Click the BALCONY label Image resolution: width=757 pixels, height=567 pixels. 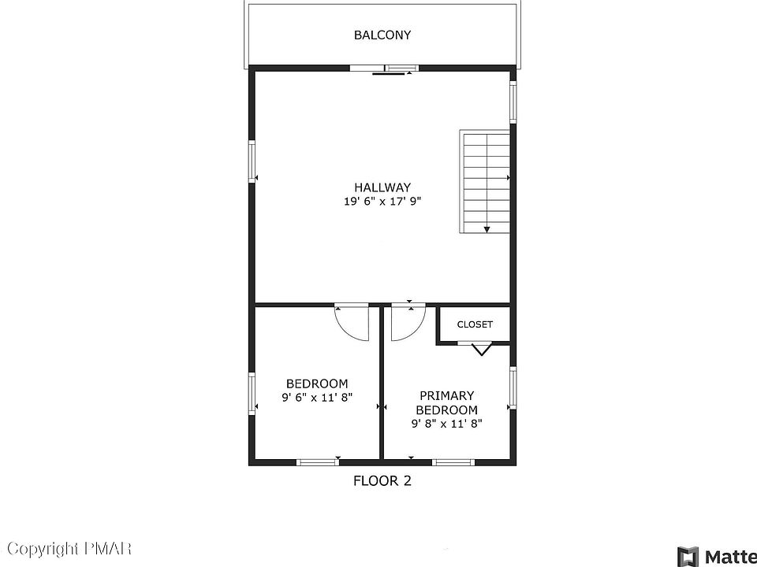click(x=382, y=35)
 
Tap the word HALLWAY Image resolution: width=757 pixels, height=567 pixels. click(x=382, y=187)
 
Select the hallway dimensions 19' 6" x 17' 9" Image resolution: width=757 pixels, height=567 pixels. click(x=382, y=202)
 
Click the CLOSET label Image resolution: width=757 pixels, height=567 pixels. click(x=475, y=324)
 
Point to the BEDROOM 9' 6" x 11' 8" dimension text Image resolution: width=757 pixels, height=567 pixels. click(x=317, y=398)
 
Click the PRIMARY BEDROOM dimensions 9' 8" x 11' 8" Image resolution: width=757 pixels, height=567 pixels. click(x=446, y=424)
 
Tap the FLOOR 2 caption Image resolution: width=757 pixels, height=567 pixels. click(x=382, y=480)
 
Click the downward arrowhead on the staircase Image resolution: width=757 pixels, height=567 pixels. click(x=487, y=229)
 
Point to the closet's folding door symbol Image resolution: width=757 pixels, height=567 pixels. click(x=481, y=349)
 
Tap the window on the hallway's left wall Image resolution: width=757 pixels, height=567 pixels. click(x=252, y=161)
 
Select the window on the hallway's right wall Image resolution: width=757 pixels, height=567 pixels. click(x=513, y=102)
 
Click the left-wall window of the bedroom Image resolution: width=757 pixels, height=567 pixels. click(x=252, y=393)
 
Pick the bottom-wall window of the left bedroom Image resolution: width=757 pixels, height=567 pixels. click(x=318, y=462)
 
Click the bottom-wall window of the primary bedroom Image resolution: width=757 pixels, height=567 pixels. click(x=453, y=462)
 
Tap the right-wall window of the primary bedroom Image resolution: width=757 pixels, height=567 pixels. click(x=513, y=387)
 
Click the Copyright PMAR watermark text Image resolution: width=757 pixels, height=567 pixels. click(x=69, y=548)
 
